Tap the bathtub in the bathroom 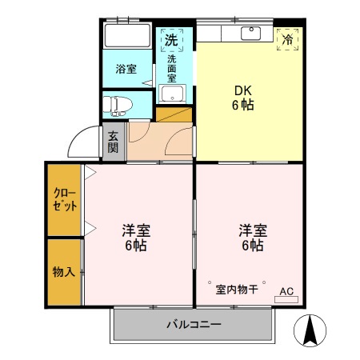[128, 37]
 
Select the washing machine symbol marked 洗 [171, 39]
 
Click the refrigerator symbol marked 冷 [287, 38]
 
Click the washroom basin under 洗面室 [170, 94]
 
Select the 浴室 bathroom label [126, 70]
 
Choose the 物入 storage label [65, 271]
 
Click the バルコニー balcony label [194, 326]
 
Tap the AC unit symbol [286, 294]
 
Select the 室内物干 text [236, 289]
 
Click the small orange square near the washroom [176, 114]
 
